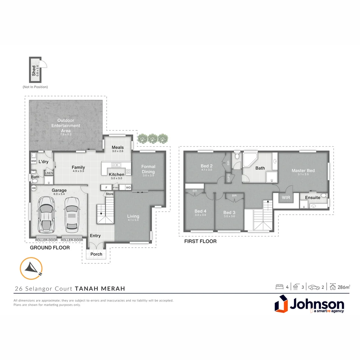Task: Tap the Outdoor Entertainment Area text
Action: pyautogui.click(x=66, y=125)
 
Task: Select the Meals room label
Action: pyautogui.click(x=118, y=147)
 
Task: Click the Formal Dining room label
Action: pyautogui.click(x=148, y=169)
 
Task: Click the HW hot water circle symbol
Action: pyautogui.click(x=33, y=188)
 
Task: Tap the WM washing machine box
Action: pyautogui.click(x=33, y=161)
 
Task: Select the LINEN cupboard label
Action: pyautogui.click(x=49, y=173)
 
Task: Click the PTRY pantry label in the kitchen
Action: pyautogui.click(x=116, y=188)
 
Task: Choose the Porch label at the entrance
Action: pyautogui.click(x=96, y=254)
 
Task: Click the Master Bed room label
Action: pyautogui.click(x=303, y=171)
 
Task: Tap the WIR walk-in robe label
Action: pyautogui.click(x=286, y=198)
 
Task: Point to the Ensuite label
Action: pyautogui.click(x=313, y=198)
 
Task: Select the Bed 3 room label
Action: pyautogui.click(x=230, y=212)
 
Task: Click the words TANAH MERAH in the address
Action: pyautogui.click(x=100, y=289)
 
